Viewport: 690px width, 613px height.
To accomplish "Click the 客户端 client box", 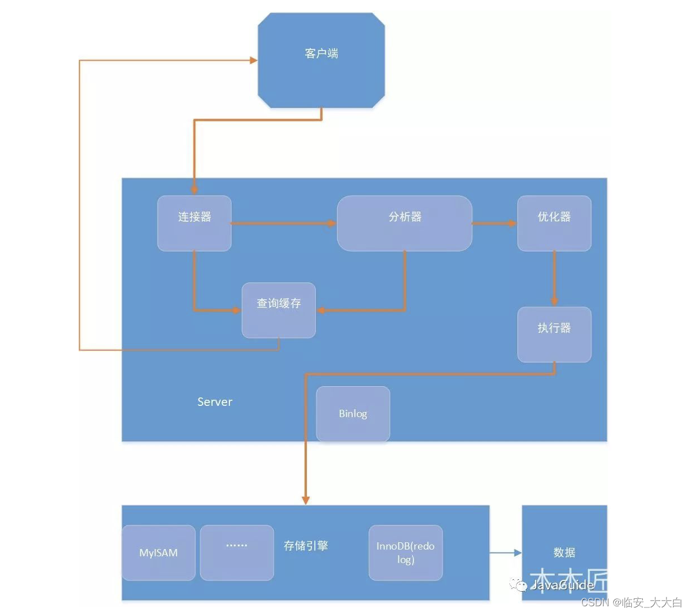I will tap(321, 61).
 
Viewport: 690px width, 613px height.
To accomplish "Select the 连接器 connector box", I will tap(194, 223).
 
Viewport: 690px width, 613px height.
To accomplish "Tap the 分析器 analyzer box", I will tap(404, 223).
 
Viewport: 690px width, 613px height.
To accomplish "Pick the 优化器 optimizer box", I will tap(554, 223).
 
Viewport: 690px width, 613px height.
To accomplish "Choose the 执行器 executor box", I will tap(554, 334).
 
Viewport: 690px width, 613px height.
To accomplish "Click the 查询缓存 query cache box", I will tap(278, 310).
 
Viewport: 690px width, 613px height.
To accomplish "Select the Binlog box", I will tap(353, 414).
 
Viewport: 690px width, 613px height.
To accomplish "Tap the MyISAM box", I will tap(158, 552).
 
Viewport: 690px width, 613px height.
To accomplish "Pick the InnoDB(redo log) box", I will tap(405, 552).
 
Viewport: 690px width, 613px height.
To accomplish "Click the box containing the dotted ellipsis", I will tap(237, 552).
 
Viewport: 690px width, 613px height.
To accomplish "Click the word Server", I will tap(215, 402).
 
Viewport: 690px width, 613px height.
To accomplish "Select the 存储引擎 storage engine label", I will tap(306, 546).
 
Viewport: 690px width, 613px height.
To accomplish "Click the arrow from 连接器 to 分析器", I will tap(283, 223).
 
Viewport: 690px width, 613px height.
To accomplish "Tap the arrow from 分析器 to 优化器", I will tap(494, 223).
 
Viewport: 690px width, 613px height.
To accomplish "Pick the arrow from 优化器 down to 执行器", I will tap(554, 278).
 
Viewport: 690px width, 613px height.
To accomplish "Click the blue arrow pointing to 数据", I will tap(505, 553).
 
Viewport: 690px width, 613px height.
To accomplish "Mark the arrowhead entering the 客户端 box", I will tap(253, 60).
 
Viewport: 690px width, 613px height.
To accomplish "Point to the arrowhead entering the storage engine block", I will tap(306, 500).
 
